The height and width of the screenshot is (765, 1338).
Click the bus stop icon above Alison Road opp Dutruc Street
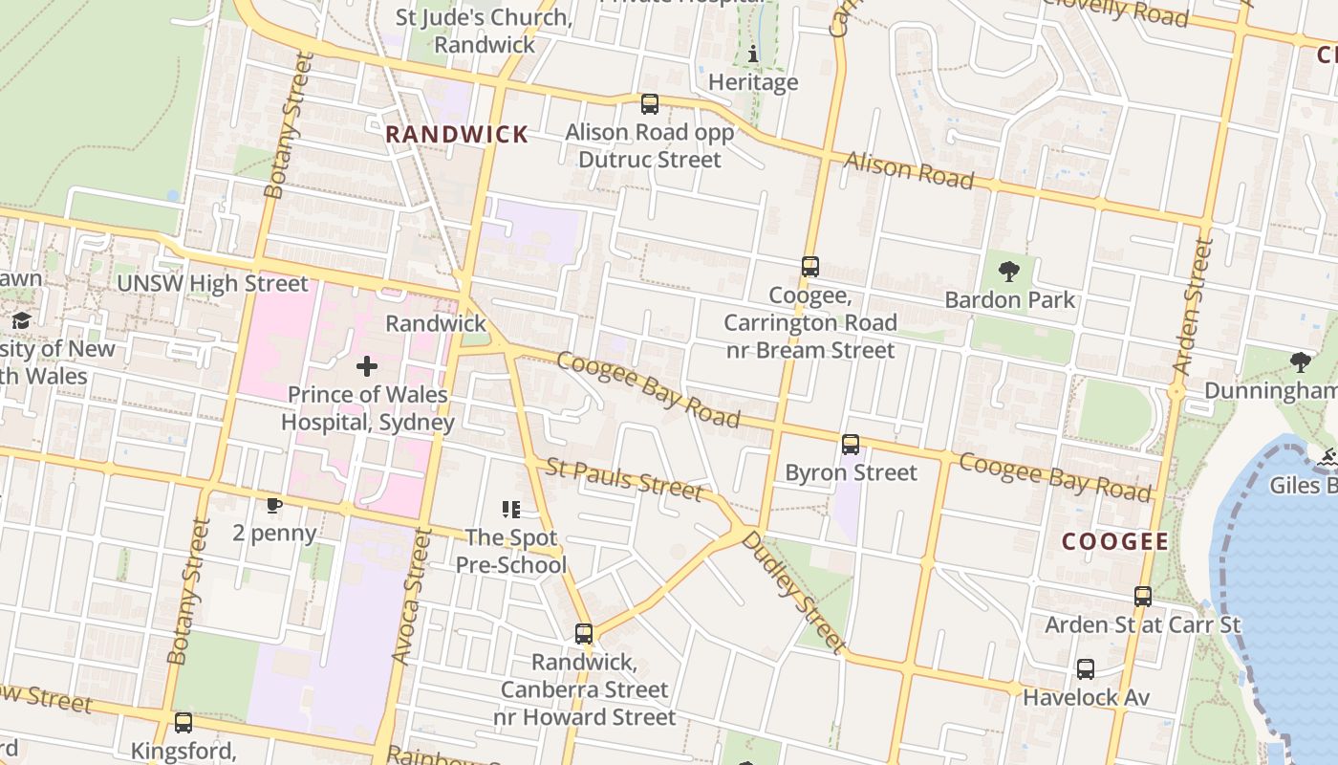(650, 104)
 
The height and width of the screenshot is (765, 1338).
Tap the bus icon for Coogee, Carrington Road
(810, 267)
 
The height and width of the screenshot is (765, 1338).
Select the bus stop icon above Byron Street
(851, 445)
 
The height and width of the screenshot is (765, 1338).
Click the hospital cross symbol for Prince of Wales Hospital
(367, 366)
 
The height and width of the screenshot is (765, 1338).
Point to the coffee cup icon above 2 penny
(274, 505)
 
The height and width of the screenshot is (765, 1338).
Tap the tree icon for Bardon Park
(1008, 272)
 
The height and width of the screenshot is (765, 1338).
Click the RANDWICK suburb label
(457, 135)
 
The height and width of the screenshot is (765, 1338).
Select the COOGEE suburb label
(1115, 542)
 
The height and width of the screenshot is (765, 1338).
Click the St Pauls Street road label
(624, 478)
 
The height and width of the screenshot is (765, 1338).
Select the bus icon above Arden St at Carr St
(1143, 597)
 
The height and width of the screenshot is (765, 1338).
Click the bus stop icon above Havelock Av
(1086, 669)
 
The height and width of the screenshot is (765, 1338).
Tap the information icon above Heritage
(753, 55)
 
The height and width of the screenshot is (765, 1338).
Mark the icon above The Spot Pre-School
(511, 511)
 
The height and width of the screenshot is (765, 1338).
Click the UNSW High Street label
(212, 284)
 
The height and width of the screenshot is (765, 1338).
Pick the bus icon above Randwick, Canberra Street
(584, 634)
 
